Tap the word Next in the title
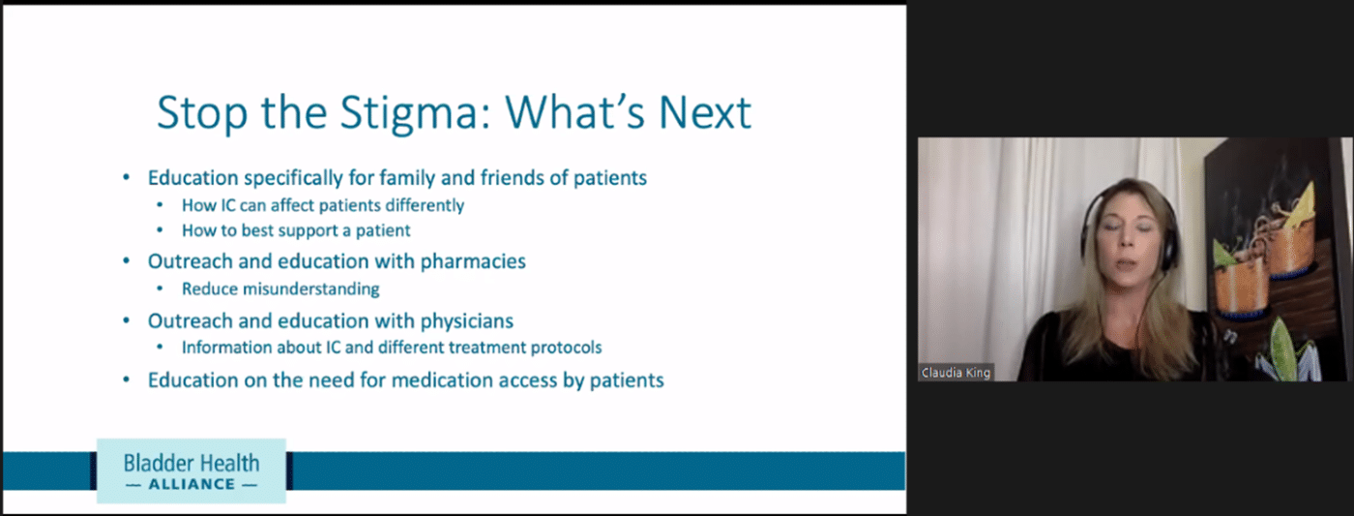click(x=704, y=112)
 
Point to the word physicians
click(x=466, y=320)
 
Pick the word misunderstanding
click(x=310, y=289)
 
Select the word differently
click(x=425, y=205)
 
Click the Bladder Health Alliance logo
click(x=191, y=471)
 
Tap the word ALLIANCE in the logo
click(x=191, y=485)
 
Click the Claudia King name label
click(x=956, y=373)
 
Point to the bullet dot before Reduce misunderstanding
click(x=160, y=288)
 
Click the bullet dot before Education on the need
click(x=127, y=379)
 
